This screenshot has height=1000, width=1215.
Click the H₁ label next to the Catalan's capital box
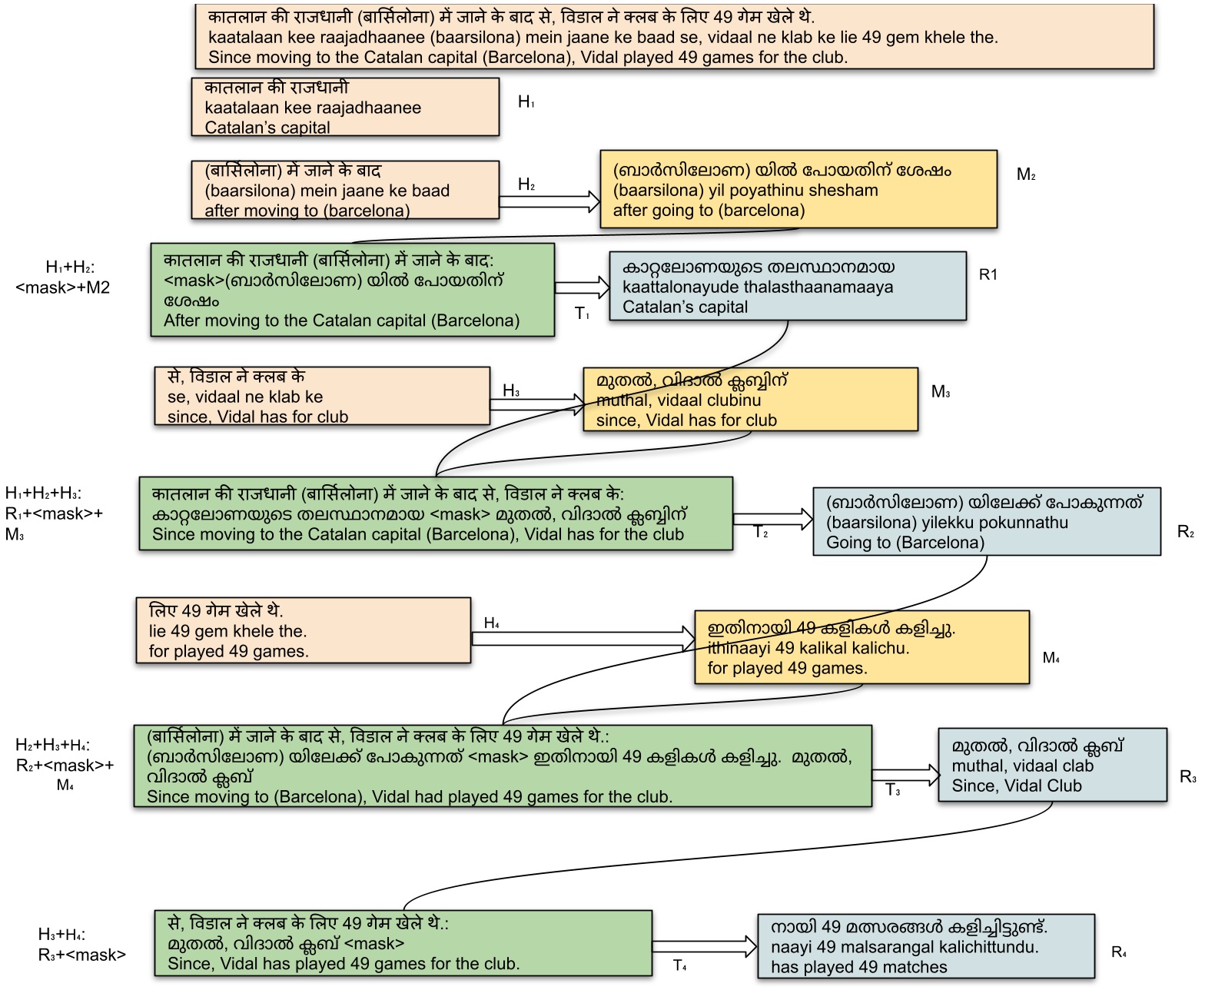point(526,102)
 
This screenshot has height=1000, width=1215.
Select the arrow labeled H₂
point(549,202)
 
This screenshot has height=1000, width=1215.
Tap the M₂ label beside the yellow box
point(1026,174)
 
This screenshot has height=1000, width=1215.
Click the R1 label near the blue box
point(988,274)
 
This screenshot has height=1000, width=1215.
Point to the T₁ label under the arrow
point(583,314)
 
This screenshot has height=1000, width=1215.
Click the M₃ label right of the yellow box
point(941,392)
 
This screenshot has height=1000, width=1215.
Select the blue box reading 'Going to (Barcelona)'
point(986,522)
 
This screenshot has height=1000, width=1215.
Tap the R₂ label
point(1186,532)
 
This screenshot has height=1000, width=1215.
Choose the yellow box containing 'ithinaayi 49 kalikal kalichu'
point(861,648)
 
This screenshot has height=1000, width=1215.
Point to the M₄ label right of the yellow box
point(1051,658)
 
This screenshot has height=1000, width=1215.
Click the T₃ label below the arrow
point(893,790)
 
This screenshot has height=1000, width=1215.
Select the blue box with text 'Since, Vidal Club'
point(1052,766)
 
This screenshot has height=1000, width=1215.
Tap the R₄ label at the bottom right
point(1119,952)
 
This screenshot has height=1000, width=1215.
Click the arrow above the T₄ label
point(704,945)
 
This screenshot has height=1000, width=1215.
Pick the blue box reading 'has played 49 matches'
point(925,946)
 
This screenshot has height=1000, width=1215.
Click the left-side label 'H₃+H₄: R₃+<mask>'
point(81,945)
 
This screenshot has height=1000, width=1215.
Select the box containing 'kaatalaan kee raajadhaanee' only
point(345,108)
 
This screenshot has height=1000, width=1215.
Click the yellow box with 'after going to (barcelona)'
point(798,190)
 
